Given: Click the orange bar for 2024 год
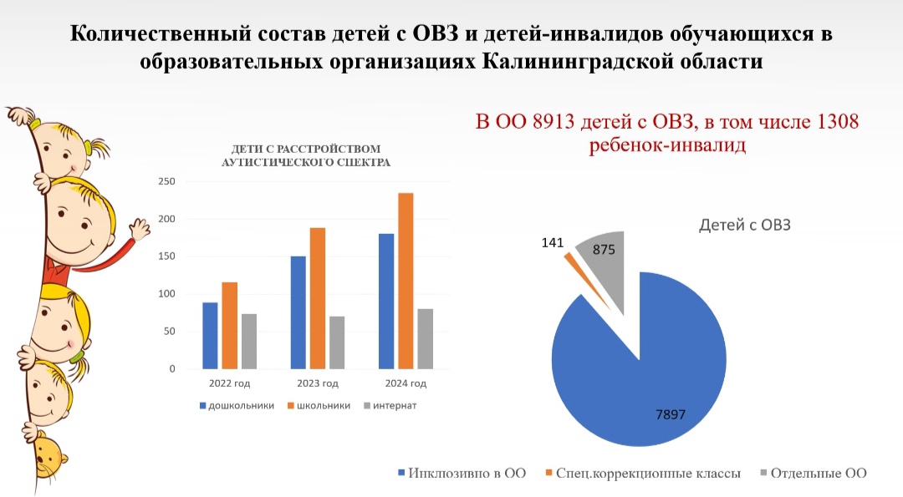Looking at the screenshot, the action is [406, 281].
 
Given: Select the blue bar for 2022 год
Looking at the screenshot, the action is [210, 335].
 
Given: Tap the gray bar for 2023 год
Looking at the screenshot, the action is [337, 342].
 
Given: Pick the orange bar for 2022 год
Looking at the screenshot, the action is [229, 326].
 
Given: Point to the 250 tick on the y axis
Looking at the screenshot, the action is [166, 181].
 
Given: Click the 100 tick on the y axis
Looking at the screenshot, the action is [166, 294].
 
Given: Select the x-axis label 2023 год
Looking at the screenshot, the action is [318, 383].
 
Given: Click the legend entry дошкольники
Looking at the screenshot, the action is [237, 406].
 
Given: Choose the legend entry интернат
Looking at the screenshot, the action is [390, 406].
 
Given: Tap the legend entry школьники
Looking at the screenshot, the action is [319, 406].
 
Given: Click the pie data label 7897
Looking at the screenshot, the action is [671, 414].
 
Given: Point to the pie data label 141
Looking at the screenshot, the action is [553, 243].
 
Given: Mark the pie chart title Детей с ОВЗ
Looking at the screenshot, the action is [745, 225].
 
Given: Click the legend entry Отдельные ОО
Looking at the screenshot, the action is [814, 474].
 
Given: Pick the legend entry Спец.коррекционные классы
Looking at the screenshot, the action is [643, 474].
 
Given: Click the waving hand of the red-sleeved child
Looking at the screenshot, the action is [140, 230].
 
